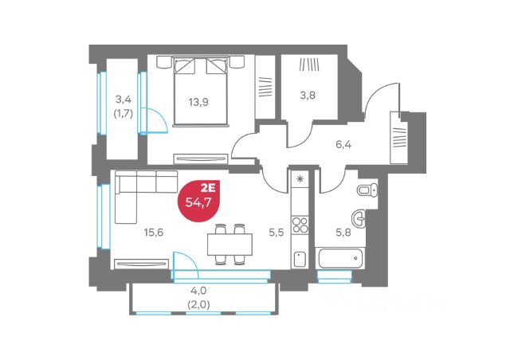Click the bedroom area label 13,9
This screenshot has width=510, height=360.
tap(198, 102)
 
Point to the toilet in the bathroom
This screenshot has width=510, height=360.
tap(366, 191)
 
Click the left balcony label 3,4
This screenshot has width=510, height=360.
tap(123, 100)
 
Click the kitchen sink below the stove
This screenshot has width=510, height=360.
tap(300, 256)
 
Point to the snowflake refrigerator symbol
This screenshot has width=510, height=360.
tap(300, 179)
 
